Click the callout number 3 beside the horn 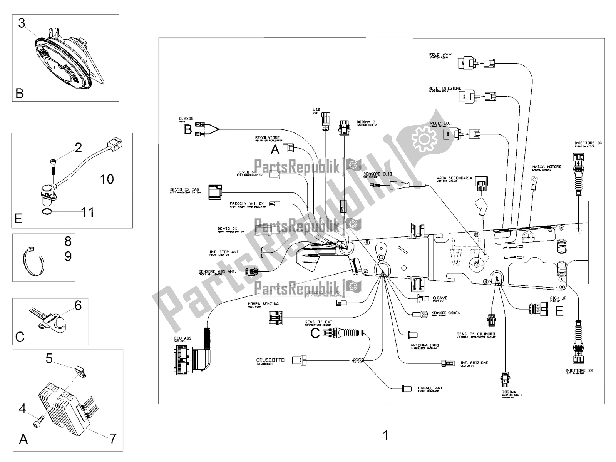[22, 23]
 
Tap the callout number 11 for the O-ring [87, 212]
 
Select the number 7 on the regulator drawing [112, 438]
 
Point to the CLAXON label [186, 119]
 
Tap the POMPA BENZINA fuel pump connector [276, 318]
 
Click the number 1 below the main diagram [385, 435]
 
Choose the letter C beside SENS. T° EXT [315, 333]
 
